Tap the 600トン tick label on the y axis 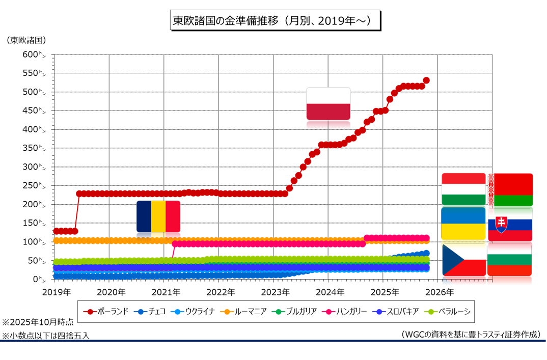tap(34, 54)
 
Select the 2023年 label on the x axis tap(275, 292)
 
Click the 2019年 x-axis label tap(56, 292)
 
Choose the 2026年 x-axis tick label tap(439, 292)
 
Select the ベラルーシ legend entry tap(448, 311)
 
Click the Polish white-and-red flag tap(328, 104)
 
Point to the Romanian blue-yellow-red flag tap(158, 216)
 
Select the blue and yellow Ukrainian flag tap(463, 224)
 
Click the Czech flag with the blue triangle tap(463, 260)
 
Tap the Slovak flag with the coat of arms tap(510, 224)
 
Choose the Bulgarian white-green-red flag tap(510, 260)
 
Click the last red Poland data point tap(426, 80)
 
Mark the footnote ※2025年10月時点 tap(38, 322)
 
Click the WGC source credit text tap(471, 334)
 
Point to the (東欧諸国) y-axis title tap(26, 40)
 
